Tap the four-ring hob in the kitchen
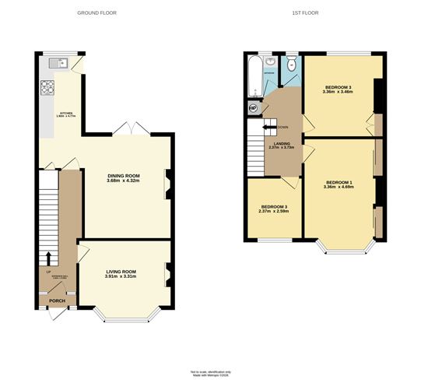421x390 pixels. [47, 86]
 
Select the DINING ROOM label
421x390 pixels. [124, 176]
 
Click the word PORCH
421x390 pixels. [58, 300]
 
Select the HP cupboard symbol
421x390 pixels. [253, 108]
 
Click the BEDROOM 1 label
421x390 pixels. [339, 183]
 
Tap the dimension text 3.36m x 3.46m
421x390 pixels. [339, 92]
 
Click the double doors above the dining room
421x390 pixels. [126, 128]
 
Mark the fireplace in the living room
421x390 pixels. [167, 272]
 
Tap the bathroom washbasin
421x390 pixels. [269, 61]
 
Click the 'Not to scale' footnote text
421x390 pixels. [211, 372]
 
